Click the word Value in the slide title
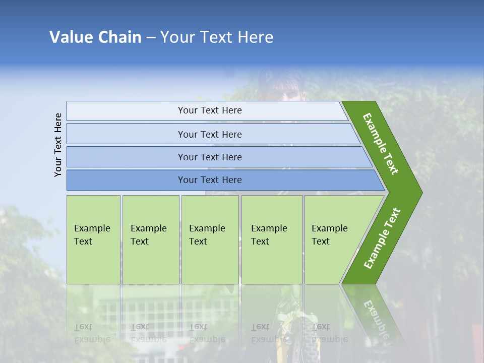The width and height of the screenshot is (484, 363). pos(70,37)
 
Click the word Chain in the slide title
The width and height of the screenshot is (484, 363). pos(119,37)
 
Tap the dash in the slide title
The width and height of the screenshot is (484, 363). pos(151,38)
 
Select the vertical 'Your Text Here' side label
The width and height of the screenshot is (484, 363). pos(58,145)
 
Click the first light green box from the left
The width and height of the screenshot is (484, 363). pos(93,239)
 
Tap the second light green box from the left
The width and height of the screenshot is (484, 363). pos(150,239)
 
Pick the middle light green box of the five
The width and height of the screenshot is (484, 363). pos(210,239)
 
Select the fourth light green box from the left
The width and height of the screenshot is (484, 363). pos(271,239)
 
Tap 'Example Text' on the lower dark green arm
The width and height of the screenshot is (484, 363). pos(382,238)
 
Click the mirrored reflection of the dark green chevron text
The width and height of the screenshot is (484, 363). pos(375,318)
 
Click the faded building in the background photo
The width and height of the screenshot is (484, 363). pos(146,313)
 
